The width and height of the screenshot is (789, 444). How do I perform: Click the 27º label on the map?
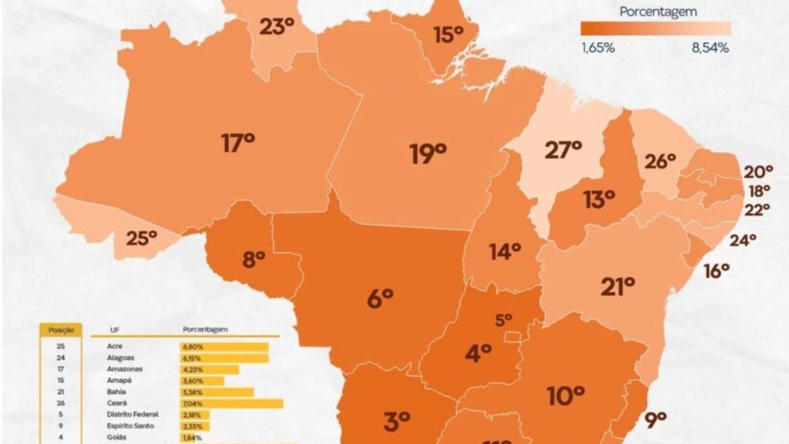click(563, 149)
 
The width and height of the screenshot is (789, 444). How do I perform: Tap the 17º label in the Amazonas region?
click(238, 143)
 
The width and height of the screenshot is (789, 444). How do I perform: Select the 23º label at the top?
click(276, 27)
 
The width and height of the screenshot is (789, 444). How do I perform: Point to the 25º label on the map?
click(141, 238)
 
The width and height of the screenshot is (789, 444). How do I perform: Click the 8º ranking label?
click(253, 259)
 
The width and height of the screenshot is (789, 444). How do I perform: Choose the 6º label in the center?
click(380, 298)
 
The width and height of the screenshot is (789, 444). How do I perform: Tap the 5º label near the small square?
click(503, 320)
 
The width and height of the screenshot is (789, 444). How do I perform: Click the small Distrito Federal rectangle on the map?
click(513, 337)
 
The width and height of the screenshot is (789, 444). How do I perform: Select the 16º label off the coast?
click(716, 271)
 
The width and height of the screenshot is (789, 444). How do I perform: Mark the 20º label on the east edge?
click(758, 172)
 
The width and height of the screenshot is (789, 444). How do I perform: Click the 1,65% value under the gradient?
click(598, 48)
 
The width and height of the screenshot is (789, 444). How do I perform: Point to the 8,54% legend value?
click(710, 48)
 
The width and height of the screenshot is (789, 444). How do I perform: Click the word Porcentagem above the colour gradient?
click(658, 12)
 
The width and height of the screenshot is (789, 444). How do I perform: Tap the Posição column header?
click(61, 330)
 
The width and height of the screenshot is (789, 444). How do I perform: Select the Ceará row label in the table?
click(116, 403)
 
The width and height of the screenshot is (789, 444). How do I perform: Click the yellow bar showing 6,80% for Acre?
click(224, 347)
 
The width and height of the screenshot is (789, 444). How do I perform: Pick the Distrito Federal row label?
click(132, 414)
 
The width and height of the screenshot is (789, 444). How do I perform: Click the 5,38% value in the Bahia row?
click(192, 392)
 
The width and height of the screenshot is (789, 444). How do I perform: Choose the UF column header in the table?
click(114, 330)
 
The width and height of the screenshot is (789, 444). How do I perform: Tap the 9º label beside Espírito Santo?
click(655, 419)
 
